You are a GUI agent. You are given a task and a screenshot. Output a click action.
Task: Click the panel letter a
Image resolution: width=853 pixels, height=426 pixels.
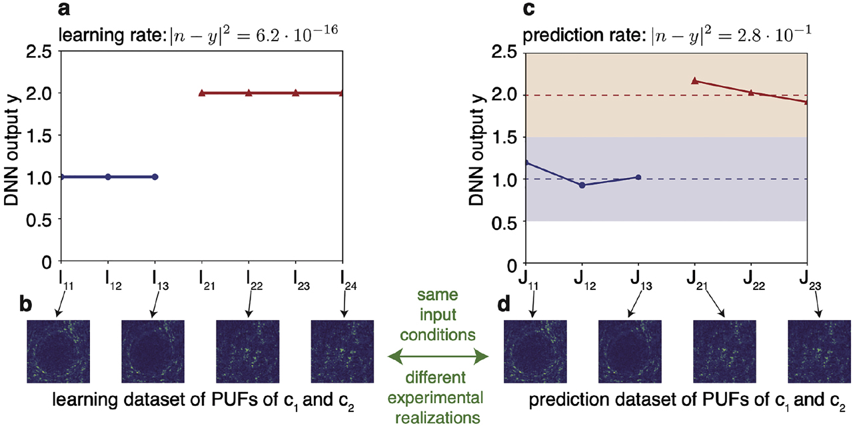[x=64, y=9]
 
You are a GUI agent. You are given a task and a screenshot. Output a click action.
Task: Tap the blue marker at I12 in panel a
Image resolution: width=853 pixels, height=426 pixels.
[x=108, y=177]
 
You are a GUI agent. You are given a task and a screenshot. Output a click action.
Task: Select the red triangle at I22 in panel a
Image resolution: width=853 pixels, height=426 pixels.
[x=249, y=93]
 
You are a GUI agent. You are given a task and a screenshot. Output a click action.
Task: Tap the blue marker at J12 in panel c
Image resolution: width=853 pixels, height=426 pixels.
[x=582, y=185]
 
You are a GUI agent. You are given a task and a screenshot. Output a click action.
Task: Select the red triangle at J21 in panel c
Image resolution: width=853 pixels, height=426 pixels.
[x=694, y=81]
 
